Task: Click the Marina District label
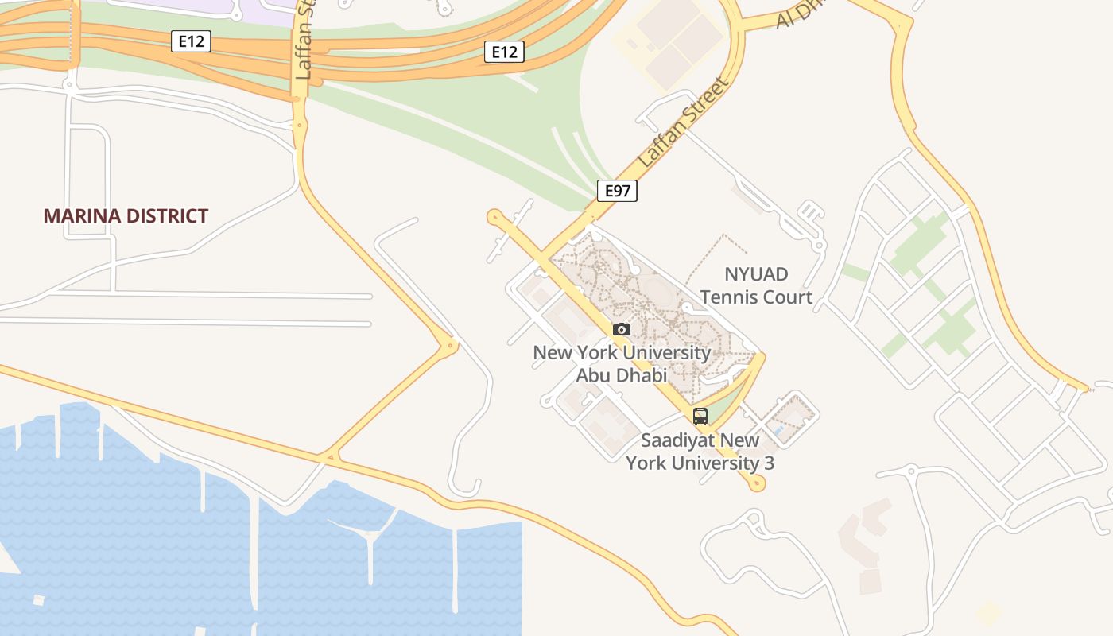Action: coord(126,215)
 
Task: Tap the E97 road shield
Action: coord(617,190)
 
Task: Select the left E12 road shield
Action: coord(191,41)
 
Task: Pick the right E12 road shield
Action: coord(504,52)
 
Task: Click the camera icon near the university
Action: coord(622,329)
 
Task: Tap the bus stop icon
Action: coord(700,416)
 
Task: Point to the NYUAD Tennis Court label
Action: coord(756,285)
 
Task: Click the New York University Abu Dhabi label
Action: coord(622,363)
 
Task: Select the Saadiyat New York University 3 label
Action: coord(700,451)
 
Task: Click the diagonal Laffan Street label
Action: coord(683,122)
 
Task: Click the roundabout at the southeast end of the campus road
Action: coord(756,483)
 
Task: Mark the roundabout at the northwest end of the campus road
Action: coord(494,215)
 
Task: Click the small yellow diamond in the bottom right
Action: coord(988,613)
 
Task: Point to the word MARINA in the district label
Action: coord(77,215)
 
